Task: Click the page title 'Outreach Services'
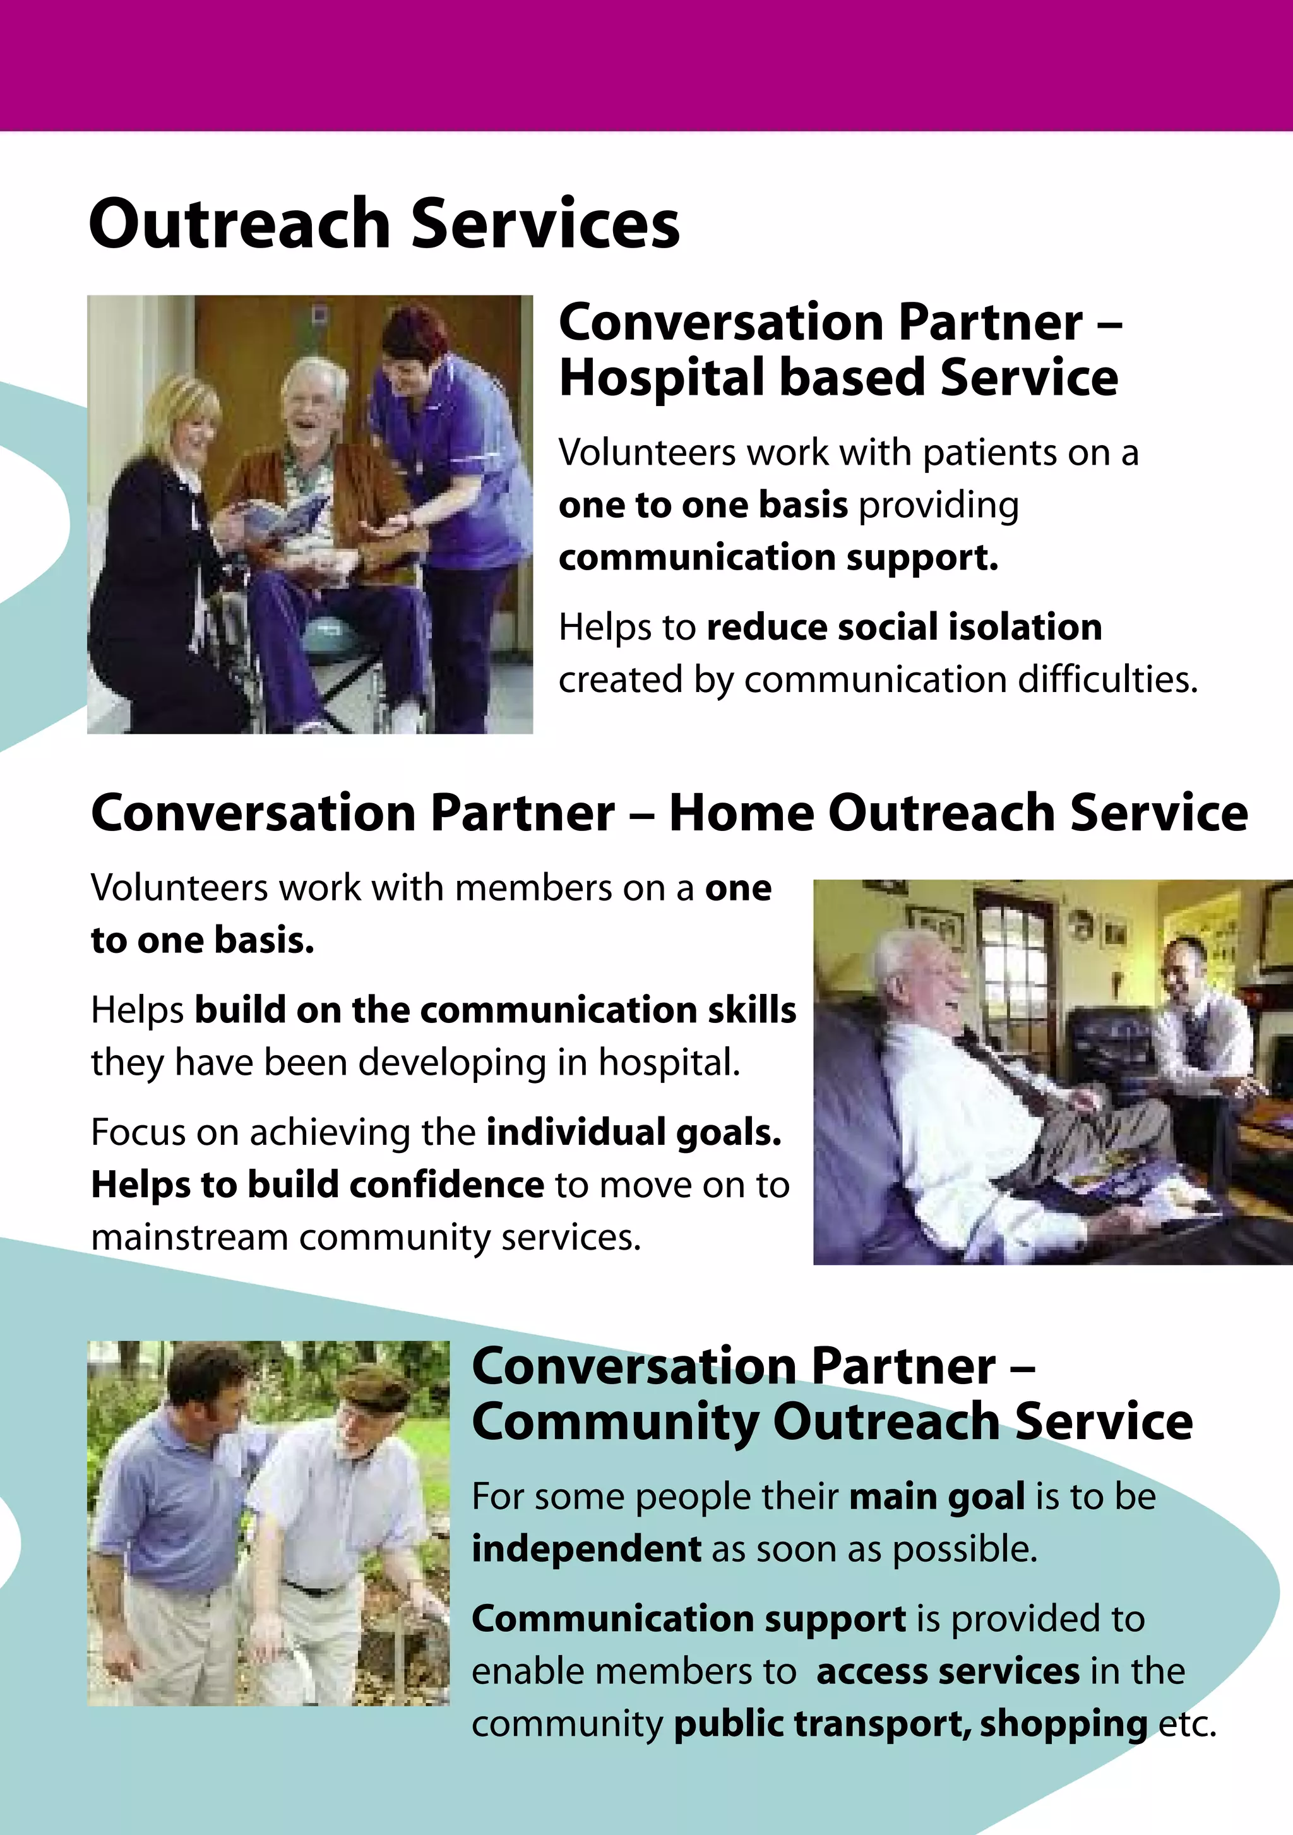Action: [x=384, y=224]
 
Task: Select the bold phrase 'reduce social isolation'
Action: [x=904, y=628]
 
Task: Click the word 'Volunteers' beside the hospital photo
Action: [x=646, y=453]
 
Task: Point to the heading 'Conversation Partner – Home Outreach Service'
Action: [x=669, y=813]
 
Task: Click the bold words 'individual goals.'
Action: [x=633, y=1132]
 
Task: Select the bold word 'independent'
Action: [x=586, y=1549]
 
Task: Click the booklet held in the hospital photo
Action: [x=283, y=511]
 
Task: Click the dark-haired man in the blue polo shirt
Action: [x=176, y=1486]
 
